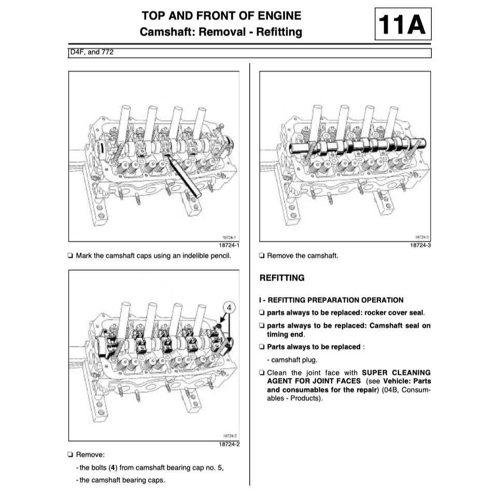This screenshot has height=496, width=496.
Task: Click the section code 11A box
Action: (403, 25)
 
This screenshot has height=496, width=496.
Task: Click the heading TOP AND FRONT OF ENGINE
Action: (221, 15)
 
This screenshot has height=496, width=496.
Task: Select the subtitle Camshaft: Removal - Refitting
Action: (221, 32)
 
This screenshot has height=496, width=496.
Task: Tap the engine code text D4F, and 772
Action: (92, 53)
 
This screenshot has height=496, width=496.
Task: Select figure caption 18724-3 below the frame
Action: (420, 245)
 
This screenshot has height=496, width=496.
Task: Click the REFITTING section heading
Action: (282, 278)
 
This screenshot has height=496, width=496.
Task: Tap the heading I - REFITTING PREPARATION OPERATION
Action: (331, 300)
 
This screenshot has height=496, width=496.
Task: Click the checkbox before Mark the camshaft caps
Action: (70, 256)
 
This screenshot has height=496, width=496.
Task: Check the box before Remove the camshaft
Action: (262, 256)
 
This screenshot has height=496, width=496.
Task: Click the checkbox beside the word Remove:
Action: (70, 455)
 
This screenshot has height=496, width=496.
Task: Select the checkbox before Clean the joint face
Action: (262, 373)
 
